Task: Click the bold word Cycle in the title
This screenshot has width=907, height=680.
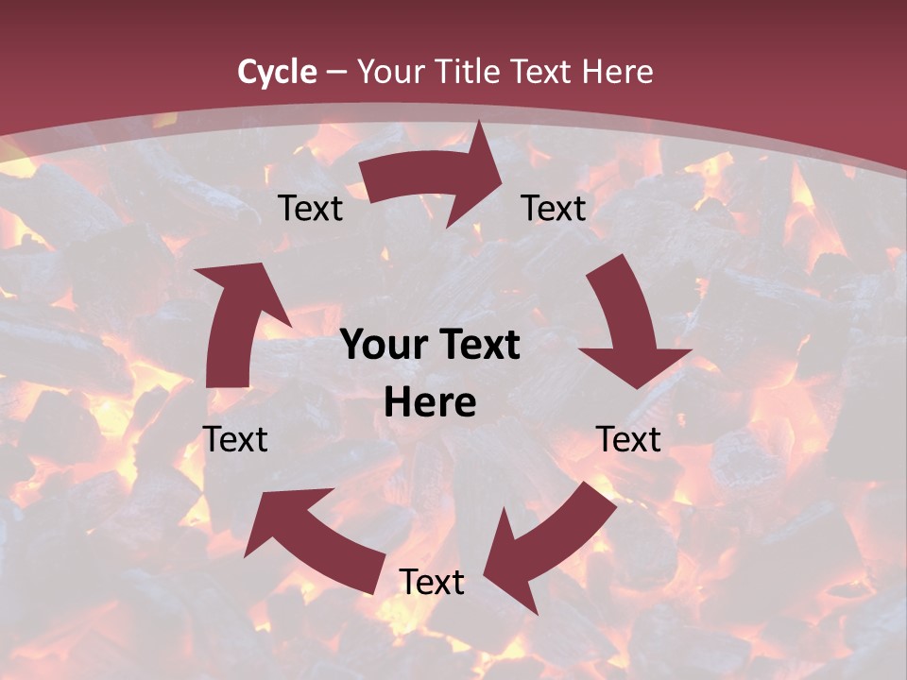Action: coord(277,72)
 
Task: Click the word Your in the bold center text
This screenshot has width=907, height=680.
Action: coord(383,346)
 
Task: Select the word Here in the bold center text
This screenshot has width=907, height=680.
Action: coord(430,403)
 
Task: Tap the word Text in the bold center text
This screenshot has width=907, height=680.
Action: coord(477,346)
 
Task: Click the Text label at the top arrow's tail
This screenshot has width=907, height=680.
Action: coord(310,209)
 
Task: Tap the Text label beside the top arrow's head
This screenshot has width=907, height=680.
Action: coord(554,209)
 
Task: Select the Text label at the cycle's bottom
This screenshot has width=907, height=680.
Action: coord(432,583)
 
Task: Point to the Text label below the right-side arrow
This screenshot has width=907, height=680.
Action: coord(628,439)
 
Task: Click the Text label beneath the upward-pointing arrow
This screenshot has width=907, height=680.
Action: coord(235,439)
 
